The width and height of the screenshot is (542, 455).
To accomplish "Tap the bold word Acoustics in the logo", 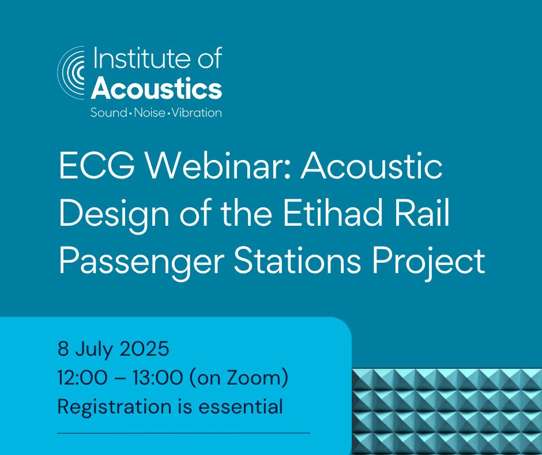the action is click(156, 88).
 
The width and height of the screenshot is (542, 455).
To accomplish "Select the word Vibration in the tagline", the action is click(197, 113).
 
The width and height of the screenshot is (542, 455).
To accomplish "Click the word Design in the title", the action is click(114, 215).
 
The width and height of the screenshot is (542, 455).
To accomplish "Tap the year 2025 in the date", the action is click(144, 348).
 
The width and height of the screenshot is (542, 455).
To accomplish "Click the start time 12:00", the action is click(82, 378).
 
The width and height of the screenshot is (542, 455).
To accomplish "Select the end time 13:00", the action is click(157, 378).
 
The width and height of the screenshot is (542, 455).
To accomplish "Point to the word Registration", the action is click(114, 407).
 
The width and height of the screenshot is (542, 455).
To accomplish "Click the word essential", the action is click(240, 406).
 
